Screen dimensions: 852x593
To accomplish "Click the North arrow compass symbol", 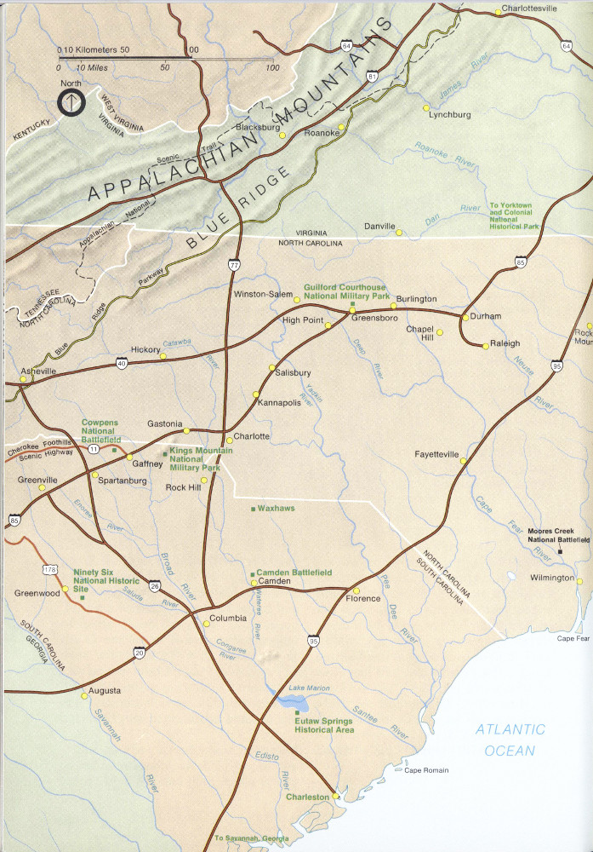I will point(70,102).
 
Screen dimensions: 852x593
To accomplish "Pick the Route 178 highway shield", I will point(49,568).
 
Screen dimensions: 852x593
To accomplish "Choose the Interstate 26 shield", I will point(155,586).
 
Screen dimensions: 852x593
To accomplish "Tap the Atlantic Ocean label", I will point(510,740).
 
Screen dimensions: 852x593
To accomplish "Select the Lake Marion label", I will point(308,688).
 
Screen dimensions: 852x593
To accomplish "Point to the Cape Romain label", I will point(426,770).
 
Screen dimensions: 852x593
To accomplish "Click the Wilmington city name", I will point(551,578).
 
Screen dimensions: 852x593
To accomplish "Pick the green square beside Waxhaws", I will point(253,509).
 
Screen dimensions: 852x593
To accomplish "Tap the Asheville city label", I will point(37,371).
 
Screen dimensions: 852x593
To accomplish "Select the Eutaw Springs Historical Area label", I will point(323,725).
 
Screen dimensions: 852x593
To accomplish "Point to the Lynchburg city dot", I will point(426,108).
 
